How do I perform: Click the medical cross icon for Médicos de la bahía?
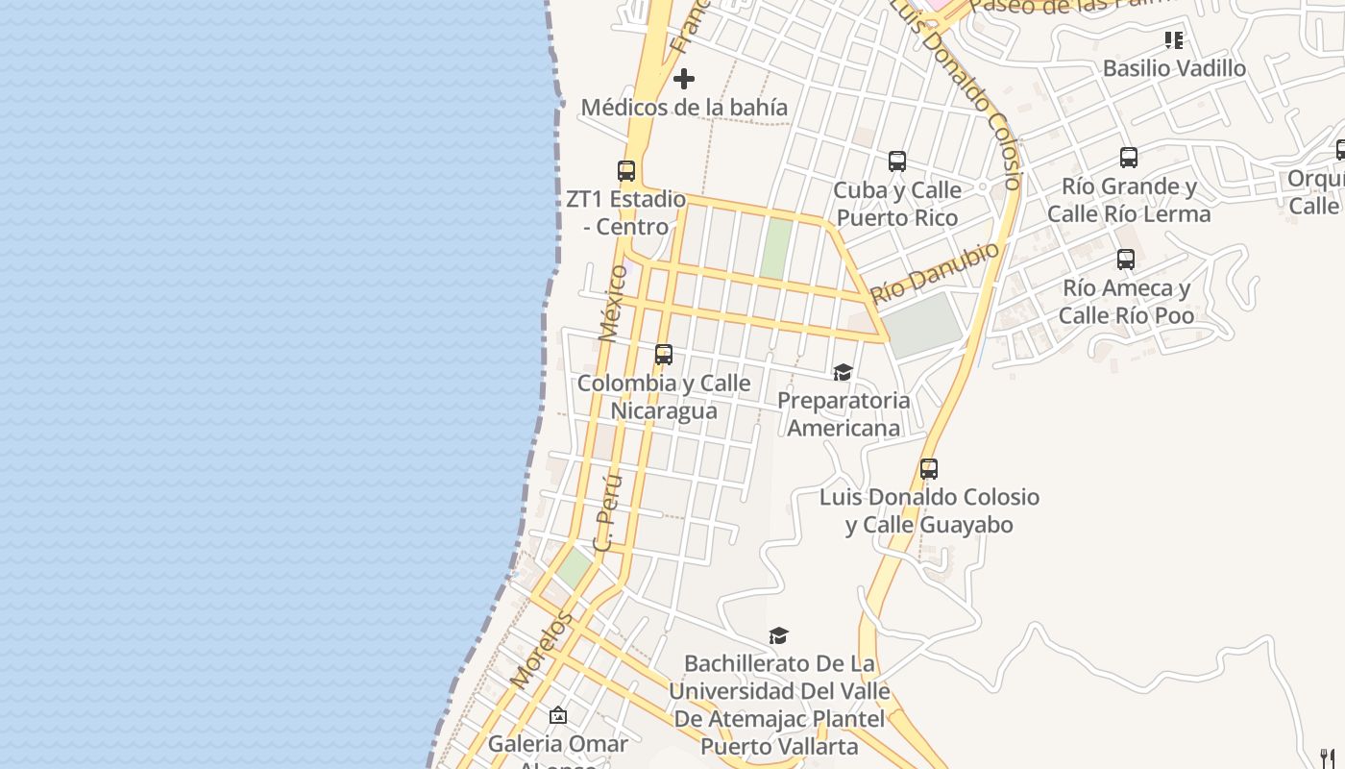(x=684, y=78)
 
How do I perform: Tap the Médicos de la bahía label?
(x=684, y=107)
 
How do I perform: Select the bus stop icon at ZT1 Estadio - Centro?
(x=626, y=171)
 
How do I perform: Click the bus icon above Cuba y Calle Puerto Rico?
(x=897, y=161)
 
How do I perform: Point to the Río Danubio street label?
(x=935, y=273)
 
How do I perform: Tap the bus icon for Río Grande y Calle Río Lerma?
(x=1129, y=158)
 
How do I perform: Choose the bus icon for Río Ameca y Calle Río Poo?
(x=1126, y=260)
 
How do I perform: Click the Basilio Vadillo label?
(x=1174, y=68)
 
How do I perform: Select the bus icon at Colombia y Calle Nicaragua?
(x=664, y=355)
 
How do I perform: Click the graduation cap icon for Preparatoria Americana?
(x=843, y=372)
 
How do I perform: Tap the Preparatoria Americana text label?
(x=844, y=413)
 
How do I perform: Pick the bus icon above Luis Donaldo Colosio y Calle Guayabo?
(x=929, y=469)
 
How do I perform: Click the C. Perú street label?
(x=608, y=512)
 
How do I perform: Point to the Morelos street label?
(x=541, y=649)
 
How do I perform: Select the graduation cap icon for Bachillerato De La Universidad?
(x=779, y=635)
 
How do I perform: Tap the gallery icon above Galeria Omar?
(x=558, y=716)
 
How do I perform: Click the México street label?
(x=612, y=303)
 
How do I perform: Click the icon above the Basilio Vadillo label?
(x=1174, y=40)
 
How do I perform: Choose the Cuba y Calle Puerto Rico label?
(x=896, y=204)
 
